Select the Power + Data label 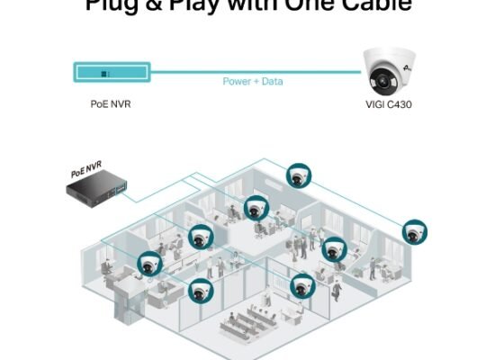pos(251,81)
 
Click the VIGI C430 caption pos(390,103)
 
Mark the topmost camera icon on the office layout pos(298,175)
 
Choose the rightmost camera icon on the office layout pos(415,231)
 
